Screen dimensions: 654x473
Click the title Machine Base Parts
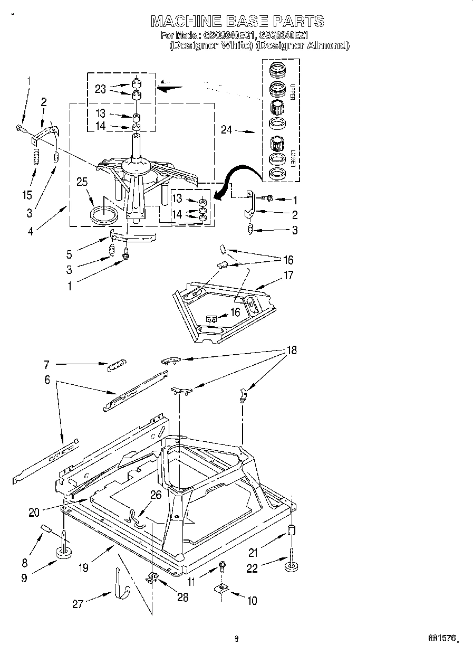click(237, 21)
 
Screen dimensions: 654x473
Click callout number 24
click(226, 129)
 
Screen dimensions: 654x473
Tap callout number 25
click(81, 183)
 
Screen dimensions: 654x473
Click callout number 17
click(288, 275)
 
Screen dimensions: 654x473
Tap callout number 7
click(46, 364)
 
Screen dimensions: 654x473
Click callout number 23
click(100, 89)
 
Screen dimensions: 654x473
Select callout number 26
click(155, 495)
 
